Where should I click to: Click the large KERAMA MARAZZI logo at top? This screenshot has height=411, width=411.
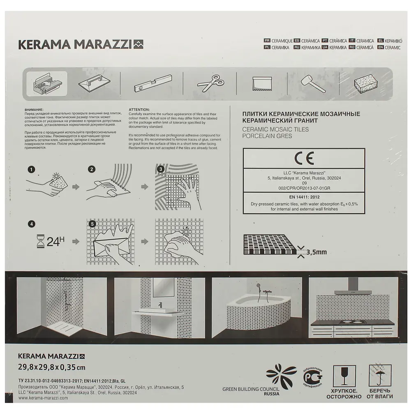[81, 44]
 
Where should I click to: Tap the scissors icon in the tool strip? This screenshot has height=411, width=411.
[211, 84]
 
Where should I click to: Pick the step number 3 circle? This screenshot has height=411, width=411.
[161, 169]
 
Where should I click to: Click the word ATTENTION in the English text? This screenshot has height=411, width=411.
[139, 110]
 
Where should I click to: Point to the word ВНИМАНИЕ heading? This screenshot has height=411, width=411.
[33, 110]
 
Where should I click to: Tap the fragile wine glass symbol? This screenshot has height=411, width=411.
[344, 376]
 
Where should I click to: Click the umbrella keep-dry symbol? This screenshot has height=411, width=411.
[379, 375]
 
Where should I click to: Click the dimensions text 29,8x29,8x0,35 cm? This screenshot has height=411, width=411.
[52, 367]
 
